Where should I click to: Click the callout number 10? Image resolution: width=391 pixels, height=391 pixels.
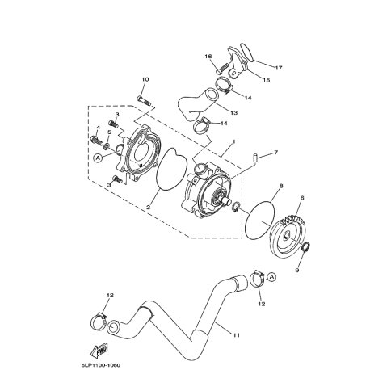[145, 79]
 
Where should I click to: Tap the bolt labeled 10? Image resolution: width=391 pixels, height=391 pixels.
[144, 101]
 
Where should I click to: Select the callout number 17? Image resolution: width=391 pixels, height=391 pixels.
[278, 68]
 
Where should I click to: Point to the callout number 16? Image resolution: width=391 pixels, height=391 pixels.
[208, 57]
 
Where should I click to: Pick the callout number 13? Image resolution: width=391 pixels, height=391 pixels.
[234, 112]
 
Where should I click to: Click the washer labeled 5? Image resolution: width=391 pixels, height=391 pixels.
[107, 146]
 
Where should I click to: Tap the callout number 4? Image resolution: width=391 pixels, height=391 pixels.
[98, 127]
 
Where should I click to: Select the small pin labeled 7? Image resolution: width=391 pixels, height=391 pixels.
[255, 157]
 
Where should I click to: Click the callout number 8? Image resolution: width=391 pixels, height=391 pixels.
[281, 186]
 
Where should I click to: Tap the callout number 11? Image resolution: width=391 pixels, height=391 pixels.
[236, 335]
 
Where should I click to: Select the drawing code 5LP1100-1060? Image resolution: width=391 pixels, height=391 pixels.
[100, 365]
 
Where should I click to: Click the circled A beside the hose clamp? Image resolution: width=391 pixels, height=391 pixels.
[271, 277]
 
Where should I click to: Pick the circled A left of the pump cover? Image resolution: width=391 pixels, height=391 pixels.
[98, 158]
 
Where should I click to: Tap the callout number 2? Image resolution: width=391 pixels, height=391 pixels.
[148, 207]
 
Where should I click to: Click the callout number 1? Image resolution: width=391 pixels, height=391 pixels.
[234, 141]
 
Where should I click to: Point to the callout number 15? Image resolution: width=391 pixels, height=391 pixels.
[267, 80]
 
